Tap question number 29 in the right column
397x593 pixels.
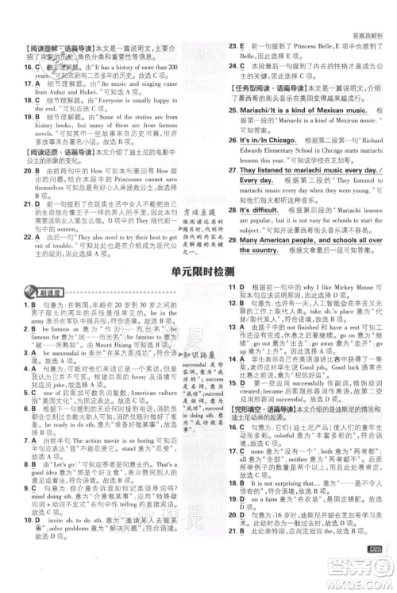click(233, 239)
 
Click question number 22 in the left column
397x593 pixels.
click(28, 237)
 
